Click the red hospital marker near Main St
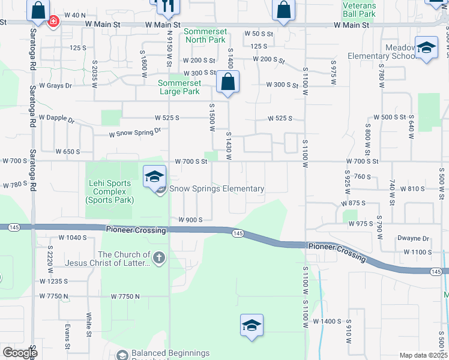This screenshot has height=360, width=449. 53,22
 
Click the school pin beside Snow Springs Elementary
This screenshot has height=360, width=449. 155,176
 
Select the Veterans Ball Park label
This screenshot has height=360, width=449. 359,9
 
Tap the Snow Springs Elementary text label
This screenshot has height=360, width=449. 217,188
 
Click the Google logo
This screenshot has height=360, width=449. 20,353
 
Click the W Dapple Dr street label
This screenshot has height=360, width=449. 55,119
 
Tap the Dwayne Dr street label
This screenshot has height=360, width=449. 414,238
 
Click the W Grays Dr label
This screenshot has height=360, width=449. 55,86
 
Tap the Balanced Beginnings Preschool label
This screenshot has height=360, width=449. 170,353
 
